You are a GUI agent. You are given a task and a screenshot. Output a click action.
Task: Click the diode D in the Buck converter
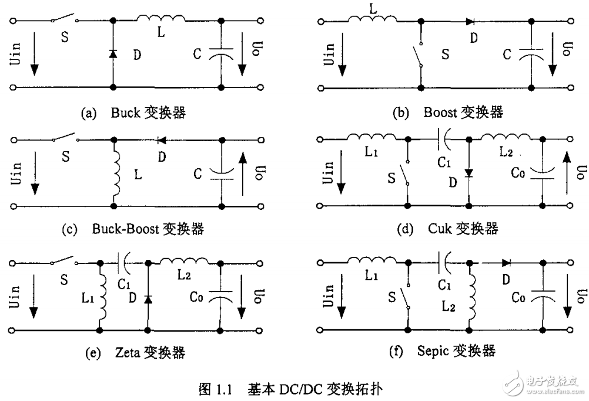point(112,54)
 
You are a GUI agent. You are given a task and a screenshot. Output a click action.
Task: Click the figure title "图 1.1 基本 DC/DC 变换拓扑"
point(293,388)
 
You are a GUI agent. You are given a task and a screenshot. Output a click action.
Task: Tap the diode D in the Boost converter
point(471,22)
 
